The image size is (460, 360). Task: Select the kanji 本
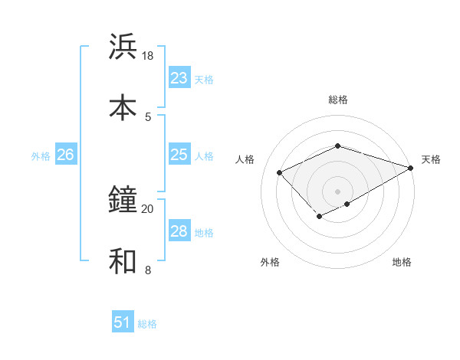[123, 107]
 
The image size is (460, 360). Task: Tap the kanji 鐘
[123, 200]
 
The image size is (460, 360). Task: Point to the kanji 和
[123, 261]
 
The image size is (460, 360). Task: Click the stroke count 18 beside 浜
[147, 56]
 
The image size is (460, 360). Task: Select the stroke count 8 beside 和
[147, 270]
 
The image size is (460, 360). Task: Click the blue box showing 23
[179, 78]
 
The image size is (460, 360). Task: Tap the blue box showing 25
[179, 155]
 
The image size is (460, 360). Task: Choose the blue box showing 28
[179, 231]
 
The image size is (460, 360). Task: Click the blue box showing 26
[65, 155]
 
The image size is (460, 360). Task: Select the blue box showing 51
[122, 322]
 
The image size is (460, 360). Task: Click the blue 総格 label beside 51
[147, 324]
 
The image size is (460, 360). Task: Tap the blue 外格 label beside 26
[41, 156]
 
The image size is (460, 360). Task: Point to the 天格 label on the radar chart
[431, 159]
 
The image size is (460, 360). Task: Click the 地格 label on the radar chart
[402, 263]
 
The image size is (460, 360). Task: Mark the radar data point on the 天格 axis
[412, 168]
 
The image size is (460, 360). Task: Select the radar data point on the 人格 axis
[280, 172]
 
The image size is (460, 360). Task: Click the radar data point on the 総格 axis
[337, 146]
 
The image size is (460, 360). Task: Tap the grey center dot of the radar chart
[337, 191]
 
